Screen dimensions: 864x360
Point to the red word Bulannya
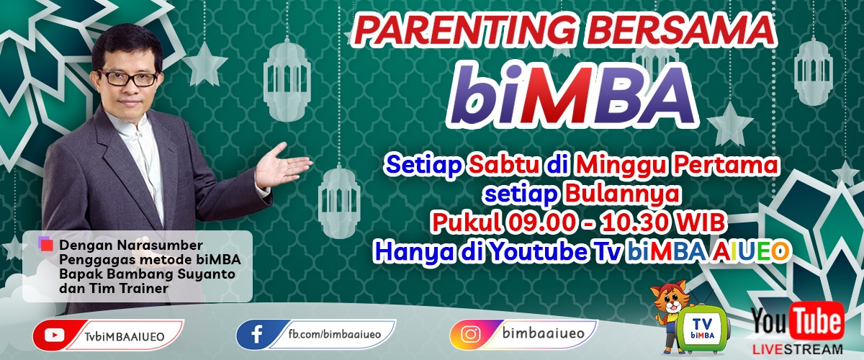coord(622,194)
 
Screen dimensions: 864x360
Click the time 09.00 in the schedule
coord(549,222)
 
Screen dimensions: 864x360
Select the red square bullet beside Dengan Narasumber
coord(47,246)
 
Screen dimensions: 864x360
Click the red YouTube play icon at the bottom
coord(55,335)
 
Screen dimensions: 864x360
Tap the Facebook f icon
coord(257,334)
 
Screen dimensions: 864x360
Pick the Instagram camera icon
coord(471,334)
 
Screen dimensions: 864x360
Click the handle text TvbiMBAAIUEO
coord(125,336)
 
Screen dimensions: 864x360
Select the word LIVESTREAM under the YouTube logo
coord(798,350)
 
